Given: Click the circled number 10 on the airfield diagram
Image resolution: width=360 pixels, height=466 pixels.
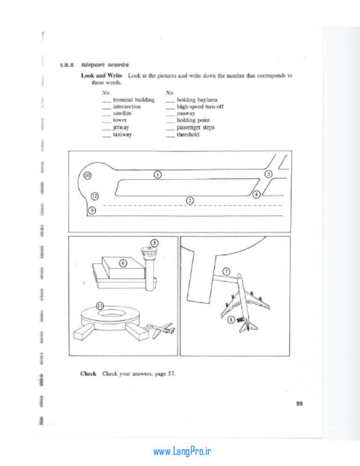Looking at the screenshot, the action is coord(87,176).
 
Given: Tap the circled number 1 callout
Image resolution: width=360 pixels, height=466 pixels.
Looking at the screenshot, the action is coord(157,174).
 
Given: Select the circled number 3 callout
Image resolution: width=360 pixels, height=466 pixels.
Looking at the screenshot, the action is coord(269,174).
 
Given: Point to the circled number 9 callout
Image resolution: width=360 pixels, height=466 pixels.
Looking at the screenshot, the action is coord(92,210).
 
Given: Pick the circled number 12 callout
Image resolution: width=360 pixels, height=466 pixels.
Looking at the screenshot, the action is coord(95,196).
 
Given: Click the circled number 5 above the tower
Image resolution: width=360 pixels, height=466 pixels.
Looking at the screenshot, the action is coord(155,243).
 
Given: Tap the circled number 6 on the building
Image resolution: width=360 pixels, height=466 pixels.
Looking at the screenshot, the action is coord(123,263).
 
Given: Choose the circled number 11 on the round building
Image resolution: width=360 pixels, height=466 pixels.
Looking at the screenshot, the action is coord(100,306).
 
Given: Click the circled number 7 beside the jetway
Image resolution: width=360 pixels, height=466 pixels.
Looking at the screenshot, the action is coord(226,271).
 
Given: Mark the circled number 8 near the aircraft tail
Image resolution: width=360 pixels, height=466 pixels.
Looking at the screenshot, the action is coord(231,320).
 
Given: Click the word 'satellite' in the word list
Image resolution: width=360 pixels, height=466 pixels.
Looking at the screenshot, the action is coord(122,113).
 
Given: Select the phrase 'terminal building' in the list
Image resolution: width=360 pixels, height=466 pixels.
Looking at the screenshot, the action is coord(134,100).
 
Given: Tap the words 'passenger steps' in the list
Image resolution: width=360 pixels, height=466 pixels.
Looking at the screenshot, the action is coord(195,128).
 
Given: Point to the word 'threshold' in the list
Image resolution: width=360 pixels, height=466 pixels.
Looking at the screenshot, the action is coord(188,135).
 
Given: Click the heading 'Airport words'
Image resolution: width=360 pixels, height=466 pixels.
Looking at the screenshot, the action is coord(105,65).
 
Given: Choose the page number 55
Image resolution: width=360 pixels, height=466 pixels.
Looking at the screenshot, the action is coord(300,404).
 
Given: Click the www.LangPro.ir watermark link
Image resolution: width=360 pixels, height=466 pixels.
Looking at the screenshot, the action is coord(182,451).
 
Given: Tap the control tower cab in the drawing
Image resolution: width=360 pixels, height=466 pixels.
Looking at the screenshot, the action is coord(149,253).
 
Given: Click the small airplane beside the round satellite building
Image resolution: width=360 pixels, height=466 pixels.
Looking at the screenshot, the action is coord(160,330).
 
